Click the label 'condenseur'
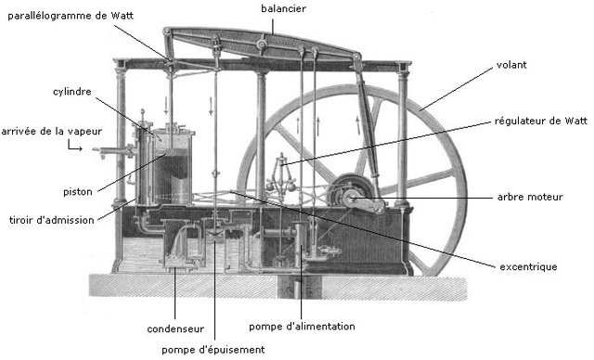(175, 328)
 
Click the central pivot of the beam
(263, 42)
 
